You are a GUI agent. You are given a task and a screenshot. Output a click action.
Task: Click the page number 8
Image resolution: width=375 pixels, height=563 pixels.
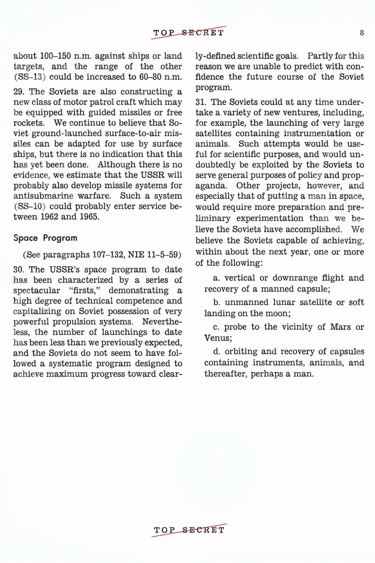point(361,33)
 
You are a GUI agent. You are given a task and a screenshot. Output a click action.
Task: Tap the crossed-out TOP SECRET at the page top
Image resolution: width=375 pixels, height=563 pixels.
point(189,32)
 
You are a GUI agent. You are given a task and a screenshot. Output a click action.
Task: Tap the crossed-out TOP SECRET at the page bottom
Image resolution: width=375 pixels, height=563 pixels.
point(189,530)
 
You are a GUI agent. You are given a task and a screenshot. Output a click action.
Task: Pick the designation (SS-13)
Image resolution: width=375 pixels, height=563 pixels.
point(28,77)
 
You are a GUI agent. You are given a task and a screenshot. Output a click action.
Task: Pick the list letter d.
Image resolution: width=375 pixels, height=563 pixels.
point(217,352)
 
